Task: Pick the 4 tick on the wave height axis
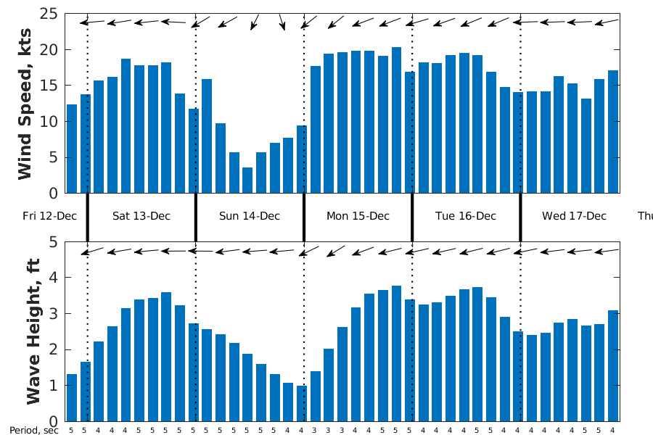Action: [x=54, y=278]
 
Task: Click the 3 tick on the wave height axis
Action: [x=54, y=314]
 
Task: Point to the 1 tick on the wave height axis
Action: [x=54, y=386]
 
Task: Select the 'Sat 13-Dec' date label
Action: [x=141, y=216]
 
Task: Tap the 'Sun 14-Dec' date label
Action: [x=250, y=216]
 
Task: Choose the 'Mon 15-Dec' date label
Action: [x=358, y=216]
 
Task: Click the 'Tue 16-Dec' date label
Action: [x=466, y=216]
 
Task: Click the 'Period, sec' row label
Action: [x=33, y=431]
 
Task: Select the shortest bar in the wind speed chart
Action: [x=247, y=181]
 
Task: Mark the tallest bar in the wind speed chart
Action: [x=396, y=120]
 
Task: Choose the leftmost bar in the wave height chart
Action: [x=72, y=397]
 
